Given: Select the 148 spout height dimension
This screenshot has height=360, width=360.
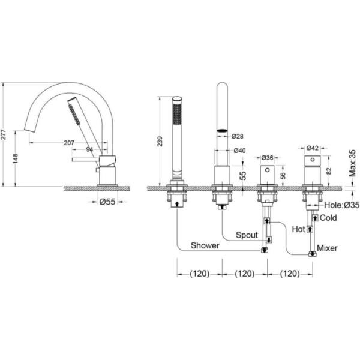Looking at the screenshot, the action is tap(16, 158).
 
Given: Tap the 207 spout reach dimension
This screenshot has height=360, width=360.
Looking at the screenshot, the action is tap(69, 143).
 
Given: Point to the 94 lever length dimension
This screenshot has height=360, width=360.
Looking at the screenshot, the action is tap(89, 149).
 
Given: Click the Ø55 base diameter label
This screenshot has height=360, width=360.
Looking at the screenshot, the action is tap(107, 202).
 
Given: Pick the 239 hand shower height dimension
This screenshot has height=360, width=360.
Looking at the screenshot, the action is tap(160, 142).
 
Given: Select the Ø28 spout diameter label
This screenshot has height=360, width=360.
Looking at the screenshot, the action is tap(237, 136).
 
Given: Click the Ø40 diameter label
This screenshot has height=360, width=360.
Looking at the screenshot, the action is tap(239, 151).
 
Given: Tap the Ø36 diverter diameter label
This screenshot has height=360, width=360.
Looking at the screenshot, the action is tap(268, 158).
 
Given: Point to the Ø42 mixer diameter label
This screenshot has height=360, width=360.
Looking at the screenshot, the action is tap(313, 148).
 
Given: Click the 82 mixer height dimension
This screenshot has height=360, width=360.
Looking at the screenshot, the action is tap(329, 171).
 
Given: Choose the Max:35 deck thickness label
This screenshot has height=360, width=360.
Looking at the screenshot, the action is tap(352, 163).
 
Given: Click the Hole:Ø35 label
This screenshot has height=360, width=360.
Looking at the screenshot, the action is tap(341, 205).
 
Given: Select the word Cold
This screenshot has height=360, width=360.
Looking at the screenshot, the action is tap(328, 218).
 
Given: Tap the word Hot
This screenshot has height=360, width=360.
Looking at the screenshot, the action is tap(298, 229).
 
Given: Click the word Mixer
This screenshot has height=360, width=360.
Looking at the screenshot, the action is tap(327, 248).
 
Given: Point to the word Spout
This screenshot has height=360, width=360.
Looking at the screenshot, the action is tap(247, 235).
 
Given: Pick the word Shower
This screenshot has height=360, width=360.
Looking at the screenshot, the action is tap(205, 245).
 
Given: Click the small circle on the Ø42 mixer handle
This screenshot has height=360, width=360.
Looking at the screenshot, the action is tap(313, 159).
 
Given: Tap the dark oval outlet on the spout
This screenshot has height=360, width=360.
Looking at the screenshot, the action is tap(222, 131).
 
